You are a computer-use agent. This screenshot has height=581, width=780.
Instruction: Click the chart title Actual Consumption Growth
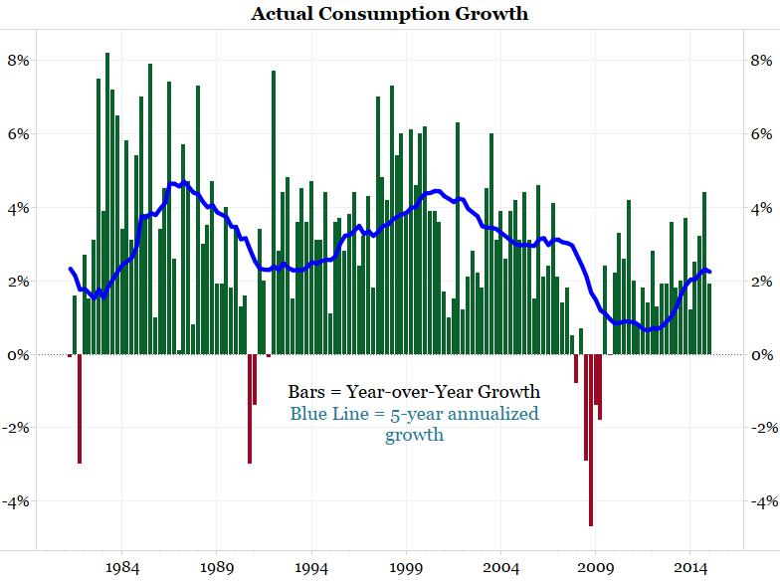(x=389, y=14)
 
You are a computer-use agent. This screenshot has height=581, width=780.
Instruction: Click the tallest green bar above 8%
(x=107, y=199)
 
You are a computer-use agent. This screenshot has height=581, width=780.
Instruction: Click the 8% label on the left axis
(x=20, y=60)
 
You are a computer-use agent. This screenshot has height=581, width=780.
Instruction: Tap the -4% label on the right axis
(x=760, y=501)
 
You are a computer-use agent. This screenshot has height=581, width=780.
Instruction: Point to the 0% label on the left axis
(x=20, y=355)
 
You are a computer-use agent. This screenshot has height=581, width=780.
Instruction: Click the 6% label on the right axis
(x=760, y=134)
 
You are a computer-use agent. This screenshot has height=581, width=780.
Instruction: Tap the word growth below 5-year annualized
(x=414, y=435)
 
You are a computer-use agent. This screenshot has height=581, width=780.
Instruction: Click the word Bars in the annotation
(x=308, y=390)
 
